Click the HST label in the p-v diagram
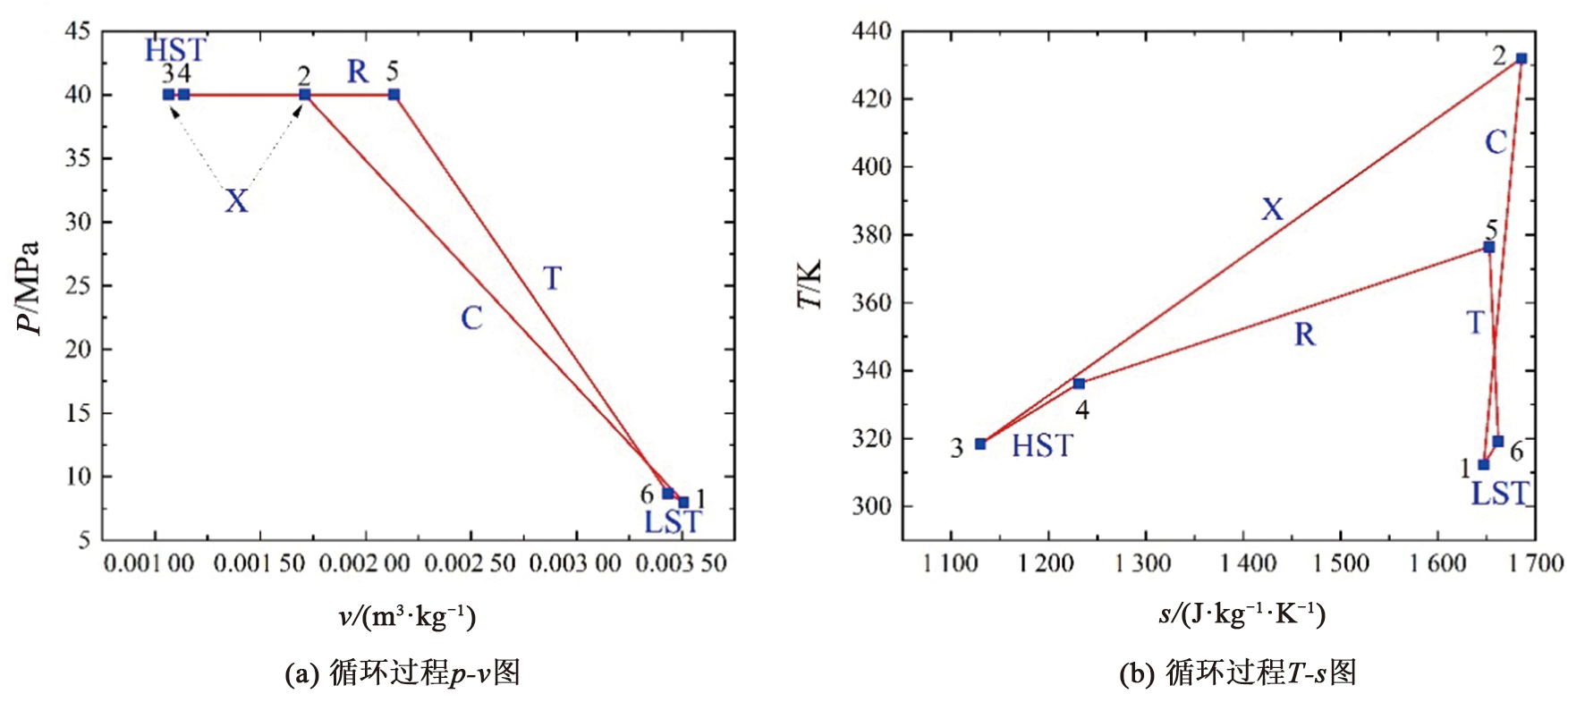coord(175,50)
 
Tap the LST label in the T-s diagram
coord(1500,494)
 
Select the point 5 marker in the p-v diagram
coord(394,95)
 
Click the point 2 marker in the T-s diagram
coord(1521,59)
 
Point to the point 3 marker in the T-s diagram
coord(980,444)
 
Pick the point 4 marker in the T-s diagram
coord(1079,384)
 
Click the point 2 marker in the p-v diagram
coord(305,95)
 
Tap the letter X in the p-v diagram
coord(236,201)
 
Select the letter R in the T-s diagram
coord(1305,335)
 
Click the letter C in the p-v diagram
coord(471,318)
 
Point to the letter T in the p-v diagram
coord(553,279)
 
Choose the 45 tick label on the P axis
coord(77,31)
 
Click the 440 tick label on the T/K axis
coord(871,31)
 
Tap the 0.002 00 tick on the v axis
coord(365,564)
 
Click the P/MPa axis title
coord(30,286)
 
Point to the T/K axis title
coord(809,284)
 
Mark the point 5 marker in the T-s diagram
coord(1488,248)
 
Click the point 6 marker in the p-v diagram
coord(667,494)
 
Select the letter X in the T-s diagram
coord(1272,210)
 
